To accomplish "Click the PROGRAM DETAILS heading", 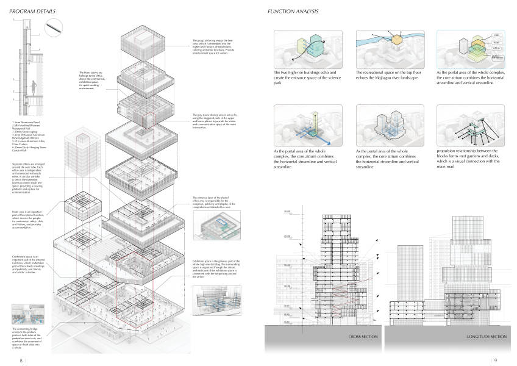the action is pos(32,12).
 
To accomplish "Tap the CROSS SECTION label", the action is pos(365,337).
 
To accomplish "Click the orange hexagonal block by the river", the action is pos(395,41).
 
